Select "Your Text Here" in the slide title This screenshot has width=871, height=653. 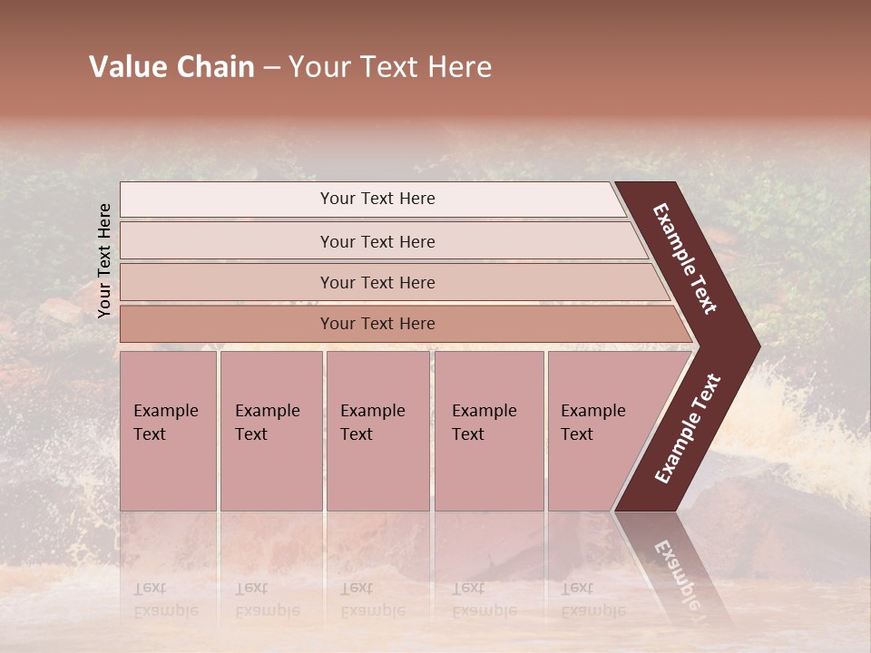390,67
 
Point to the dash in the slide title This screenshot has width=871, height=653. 271,68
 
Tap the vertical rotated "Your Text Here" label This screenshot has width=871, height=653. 104,260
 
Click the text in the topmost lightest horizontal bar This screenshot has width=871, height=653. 377,199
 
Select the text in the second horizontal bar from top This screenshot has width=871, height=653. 377,241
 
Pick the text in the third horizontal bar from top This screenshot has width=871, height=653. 377,282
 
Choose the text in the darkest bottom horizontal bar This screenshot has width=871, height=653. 377,324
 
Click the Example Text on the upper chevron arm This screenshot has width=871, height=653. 685,258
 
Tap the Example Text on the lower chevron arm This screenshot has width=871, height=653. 688,429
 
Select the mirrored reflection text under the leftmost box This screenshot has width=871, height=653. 166,599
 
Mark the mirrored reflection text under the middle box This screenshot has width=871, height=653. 373,599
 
